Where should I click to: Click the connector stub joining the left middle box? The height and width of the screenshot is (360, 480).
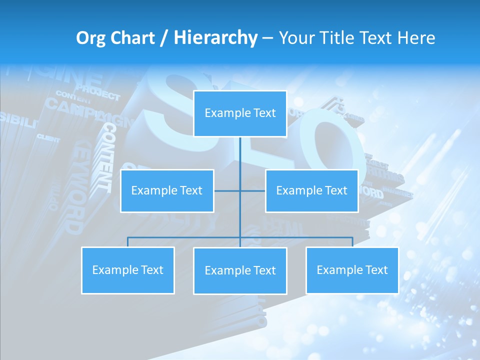pos(227,190)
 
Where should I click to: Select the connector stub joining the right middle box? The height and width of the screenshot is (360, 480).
pos(253,190)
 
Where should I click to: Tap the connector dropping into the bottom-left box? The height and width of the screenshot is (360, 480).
pos(128,242)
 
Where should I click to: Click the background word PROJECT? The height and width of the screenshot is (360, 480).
pos(98,93)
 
